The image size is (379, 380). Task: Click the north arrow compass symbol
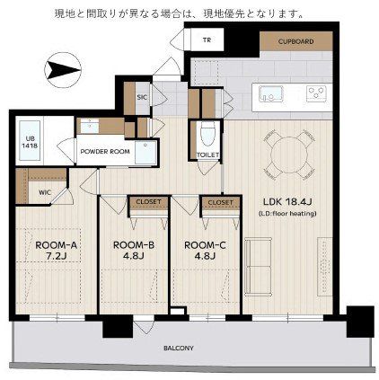[63, 70]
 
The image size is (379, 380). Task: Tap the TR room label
[207, 40]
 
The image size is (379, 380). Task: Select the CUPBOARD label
[295, 41]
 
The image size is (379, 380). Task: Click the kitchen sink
[270, 93]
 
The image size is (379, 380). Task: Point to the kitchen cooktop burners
[317, 93]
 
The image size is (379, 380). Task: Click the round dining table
[289, 155]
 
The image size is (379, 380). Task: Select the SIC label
[142, 97]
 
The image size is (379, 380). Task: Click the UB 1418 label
[30, 143]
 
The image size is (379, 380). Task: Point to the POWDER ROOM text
[105, 152]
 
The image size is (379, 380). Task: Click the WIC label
[45, 192]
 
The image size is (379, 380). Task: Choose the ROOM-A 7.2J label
[57, 251]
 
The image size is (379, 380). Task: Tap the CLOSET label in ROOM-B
[148, 202]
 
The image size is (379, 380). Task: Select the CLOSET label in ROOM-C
[220, 203]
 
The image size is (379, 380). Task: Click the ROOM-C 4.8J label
[205, 251]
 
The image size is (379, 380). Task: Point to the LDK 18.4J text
[287, 202]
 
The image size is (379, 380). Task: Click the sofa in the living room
[259, 267]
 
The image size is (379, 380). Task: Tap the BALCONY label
[179, 349]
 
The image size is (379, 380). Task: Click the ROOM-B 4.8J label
[134, 251]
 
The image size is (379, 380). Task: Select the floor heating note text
[287, 214]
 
